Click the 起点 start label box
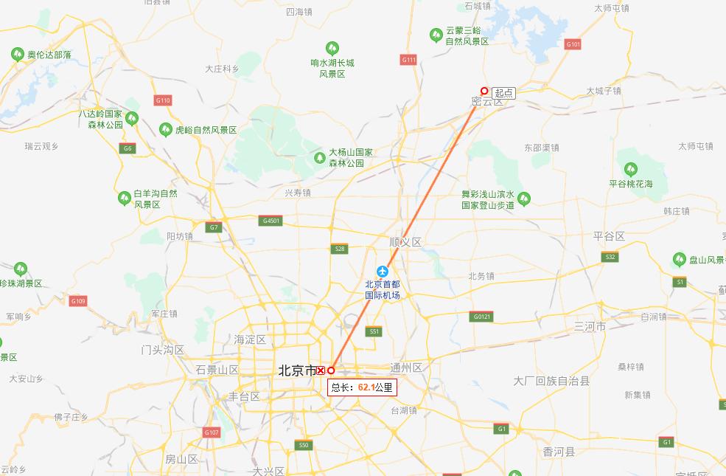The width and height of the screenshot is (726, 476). [x=504, y=93]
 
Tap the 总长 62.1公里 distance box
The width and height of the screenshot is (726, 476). [x=362, y=387]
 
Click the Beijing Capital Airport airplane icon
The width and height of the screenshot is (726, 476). [x=382, y=271]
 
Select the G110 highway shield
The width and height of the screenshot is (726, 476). [x=163, y=100]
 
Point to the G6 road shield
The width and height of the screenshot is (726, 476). [x=128, y=148]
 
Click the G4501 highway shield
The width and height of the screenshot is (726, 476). [x=270, y=221]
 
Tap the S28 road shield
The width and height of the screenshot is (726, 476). [x=339, y=249]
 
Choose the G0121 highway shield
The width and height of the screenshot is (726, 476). [x=481, y=317]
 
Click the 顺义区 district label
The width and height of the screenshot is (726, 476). [x=405, y=242]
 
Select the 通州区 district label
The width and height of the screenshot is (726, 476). [x=406, y=368]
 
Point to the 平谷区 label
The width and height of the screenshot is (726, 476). [x=609, y=236]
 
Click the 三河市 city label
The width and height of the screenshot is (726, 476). [x=590, y=326]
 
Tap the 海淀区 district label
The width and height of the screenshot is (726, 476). [x=249, y=339]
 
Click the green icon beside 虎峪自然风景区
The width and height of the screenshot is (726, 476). [x=165, y=130]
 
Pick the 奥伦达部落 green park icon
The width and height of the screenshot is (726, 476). [x=18, y=54]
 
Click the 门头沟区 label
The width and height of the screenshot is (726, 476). [x=162, y=350]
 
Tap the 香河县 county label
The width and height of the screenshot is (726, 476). [x=559, y=452]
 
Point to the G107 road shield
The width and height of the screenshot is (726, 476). [x=212, y=432]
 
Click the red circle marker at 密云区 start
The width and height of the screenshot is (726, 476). [x=484, y=92]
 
